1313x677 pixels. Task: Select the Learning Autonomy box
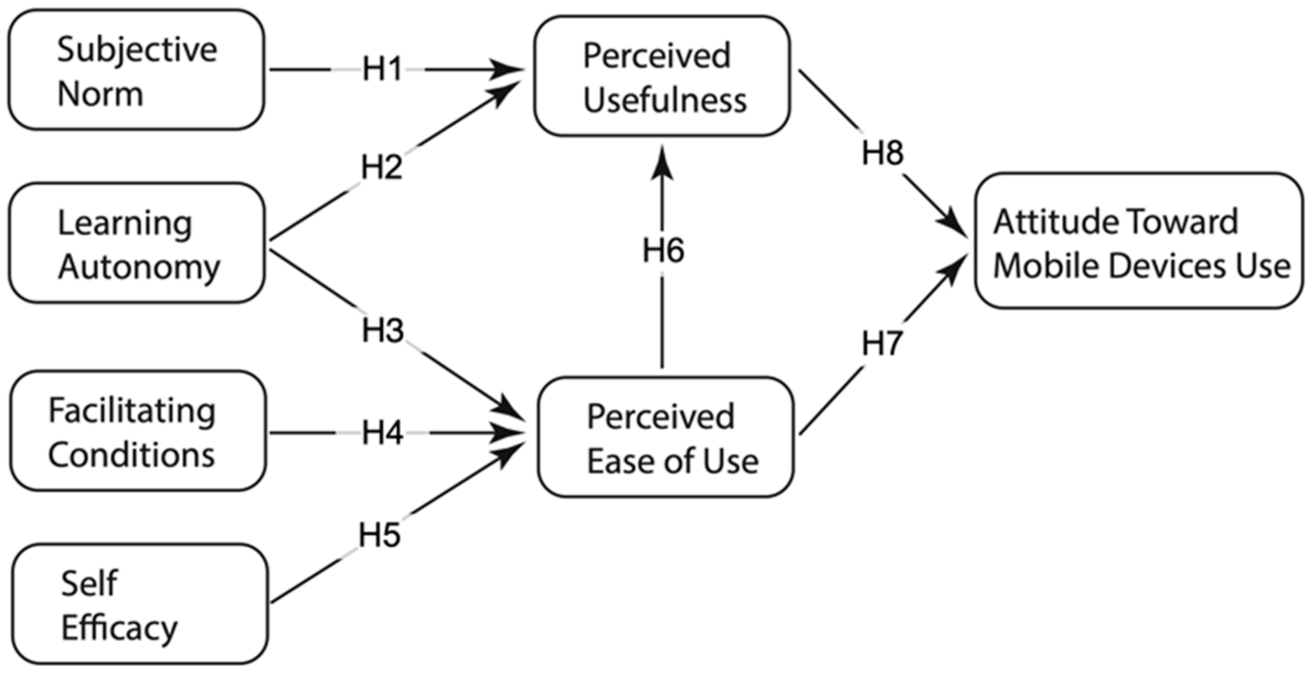pos(137,243)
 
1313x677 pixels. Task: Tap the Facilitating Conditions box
pos(138,431)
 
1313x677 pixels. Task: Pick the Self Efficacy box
pos(140,604)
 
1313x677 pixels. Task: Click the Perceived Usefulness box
pos(662,77)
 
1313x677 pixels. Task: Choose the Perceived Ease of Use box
pos(666,437)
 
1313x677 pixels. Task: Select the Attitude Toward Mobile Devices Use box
pos(1139,241)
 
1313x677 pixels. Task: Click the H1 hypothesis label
pos(382,70)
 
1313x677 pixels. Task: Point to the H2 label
pos(381,166)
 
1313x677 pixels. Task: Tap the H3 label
pos(383,331)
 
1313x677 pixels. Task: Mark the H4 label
pos(383,433)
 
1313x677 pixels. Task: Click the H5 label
pos(380,535)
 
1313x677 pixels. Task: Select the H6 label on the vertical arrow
pos(663,250)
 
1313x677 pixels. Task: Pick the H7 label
pos(882,343)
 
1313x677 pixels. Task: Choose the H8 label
pos(883,153)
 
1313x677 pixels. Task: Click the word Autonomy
pos(139,267)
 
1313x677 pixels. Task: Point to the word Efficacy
pos(119,628)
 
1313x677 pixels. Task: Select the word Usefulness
pos(665,100)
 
